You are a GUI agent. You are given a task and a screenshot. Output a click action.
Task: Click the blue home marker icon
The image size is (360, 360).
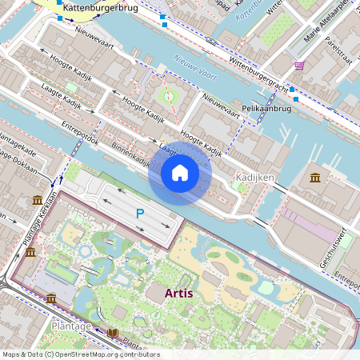(180, 172)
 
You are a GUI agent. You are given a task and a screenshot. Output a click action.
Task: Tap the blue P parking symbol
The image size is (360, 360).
(139, 214)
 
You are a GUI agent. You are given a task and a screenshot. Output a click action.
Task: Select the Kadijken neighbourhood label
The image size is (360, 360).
(255, 176)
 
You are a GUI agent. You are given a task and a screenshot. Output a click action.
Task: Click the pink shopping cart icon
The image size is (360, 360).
(299, 66)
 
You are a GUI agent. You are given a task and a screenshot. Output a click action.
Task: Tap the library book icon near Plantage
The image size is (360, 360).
(112, 333)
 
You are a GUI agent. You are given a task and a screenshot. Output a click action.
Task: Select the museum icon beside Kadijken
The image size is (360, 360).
(315, 176)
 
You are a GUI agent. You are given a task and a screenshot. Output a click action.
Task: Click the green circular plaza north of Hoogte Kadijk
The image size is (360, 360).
(168, 97)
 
